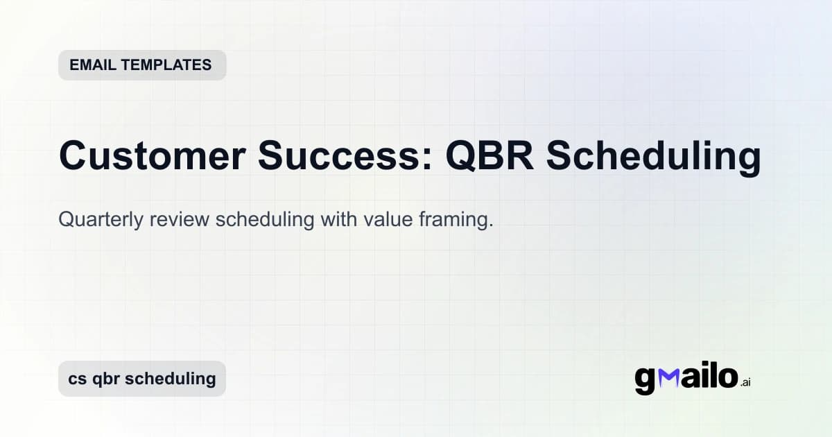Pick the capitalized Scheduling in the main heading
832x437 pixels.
653,156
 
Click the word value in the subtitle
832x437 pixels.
384,220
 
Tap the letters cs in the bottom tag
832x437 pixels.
78,379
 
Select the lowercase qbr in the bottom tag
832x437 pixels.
107,379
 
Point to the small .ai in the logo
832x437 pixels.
745,382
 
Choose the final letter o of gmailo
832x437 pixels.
726,378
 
